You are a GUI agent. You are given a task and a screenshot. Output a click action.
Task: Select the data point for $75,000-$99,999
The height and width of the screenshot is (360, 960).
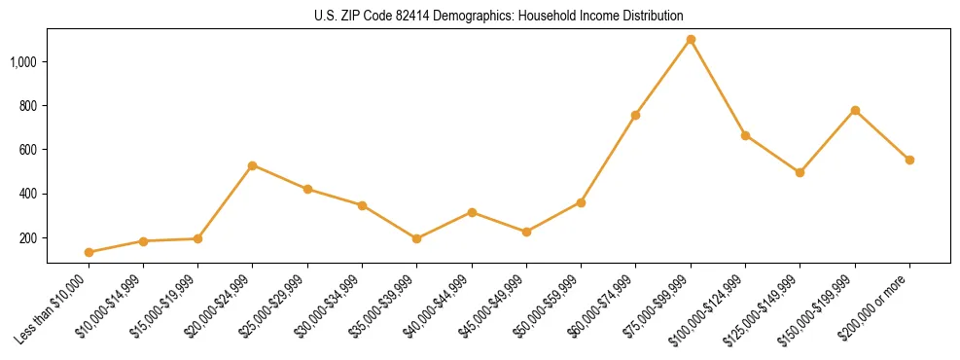pos(691,40)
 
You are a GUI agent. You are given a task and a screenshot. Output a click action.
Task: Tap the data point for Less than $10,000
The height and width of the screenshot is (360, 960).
pos(89,252)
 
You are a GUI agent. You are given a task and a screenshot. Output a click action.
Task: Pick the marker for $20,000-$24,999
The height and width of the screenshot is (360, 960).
pos(253,165)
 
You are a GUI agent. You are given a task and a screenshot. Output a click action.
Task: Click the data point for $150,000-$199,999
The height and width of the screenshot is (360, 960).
pos(855,110)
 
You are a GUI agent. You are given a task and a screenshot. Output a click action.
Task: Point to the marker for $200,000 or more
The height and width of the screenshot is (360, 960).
pos(909,160)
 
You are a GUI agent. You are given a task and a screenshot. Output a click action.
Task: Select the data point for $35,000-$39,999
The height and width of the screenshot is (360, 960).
pos(416,238)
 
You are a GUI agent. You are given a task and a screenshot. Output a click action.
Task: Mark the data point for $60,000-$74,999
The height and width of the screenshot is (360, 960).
pos(635,115)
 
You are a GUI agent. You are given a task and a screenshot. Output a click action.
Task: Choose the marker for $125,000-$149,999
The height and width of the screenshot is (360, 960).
pos(800,172)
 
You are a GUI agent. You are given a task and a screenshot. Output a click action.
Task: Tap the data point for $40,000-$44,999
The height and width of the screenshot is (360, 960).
pos(472,212)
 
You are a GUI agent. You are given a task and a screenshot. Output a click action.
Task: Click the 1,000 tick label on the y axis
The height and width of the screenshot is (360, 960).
pos(23,61)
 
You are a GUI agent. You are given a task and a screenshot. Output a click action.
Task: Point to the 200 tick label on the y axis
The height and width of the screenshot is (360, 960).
pos(28,238)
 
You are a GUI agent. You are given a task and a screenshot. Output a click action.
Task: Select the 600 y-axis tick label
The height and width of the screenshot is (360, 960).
pos(28,150)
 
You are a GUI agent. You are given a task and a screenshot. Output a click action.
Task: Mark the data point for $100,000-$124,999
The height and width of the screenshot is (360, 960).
pos(745,135)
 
